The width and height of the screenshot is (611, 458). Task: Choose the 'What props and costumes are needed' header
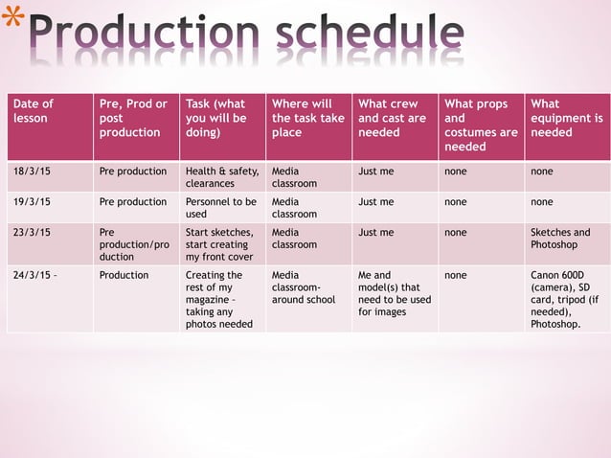click(x=480, y=125)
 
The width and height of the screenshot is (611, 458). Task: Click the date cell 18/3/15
click(x=33, y=172)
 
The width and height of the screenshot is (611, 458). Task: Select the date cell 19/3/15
click(x=33, y=202)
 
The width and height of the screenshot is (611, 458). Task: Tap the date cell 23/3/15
click(x=33, y=232)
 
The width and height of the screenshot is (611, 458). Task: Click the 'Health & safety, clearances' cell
click(x=221, y=177)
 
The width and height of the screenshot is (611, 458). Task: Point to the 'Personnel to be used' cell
click(x=221, y=208)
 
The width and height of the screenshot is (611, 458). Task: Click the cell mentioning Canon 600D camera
click(x=566, y=299)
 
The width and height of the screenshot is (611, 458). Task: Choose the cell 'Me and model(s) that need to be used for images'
click(x=394, y=293)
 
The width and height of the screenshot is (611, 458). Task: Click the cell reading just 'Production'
click(x=124, y=275)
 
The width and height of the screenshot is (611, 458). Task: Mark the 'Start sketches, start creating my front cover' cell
click(x=221, y=244)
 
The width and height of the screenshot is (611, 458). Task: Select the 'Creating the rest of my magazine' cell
click(x=221, y=299)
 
